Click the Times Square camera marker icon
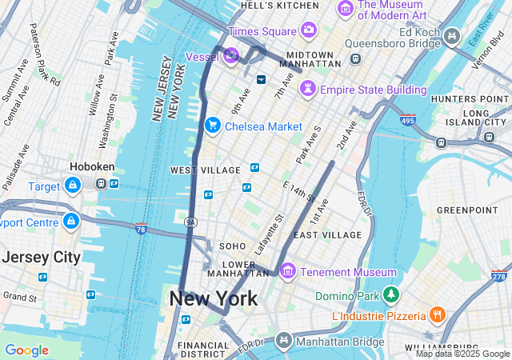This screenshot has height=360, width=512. [309, 30]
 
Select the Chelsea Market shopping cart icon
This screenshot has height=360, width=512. [212, 126]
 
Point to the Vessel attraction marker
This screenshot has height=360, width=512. [230, 55]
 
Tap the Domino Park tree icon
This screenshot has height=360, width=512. [390, 296]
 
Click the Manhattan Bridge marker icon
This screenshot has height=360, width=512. [282, 342]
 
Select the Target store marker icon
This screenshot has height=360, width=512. [73, 186]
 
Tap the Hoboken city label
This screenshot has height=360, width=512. [92, 167]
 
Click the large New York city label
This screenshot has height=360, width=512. [213, 299]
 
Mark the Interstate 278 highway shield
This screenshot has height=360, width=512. [498, 276]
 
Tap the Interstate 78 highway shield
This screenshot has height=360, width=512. [142, 230]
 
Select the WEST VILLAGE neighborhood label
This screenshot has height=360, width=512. [205, 170]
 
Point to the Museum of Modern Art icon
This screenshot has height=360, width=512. [346, 9]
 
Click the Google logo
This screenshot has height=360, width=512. [26, 350]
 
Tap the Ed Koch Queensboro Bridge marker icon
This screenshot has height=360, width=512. [452, 35]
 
